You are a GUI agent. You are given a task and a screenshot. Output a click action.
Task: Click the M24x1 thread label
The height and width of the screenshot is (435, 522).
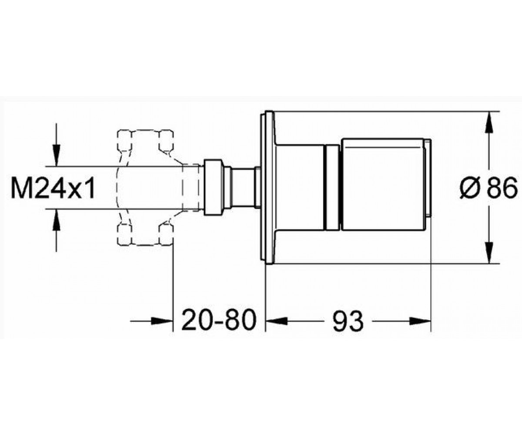pyautogui.click(x=53, y=187)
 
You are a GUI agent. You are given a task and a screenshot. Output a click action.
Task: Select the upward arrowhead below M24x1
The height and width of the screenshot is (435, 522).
pyautogui.click(x=57, y=220)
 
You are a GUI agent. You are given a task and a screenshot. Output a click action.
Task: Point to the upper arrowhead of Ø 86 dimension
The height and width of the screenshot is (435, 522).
pyautogui.click(x=489, y=123)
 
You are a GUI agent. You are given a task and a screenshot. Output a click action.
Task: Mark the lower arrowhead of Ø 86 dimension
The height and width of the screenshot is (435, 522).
pyautogui.click(x=489, y=252)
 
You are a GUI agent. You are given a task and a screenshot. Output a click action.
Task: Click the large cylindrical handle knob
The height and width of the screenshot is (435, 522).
pyautogui.click(x=383, y=184)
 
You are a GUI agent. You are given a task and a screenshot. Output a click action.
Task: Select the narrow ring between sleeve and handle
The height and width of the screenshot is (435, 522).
pyautogui.click(x=332, y=187)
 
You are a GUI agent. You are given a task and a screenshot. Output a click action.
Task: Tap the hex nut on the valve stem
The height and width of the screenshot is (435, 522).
pyautogui.click(x=213, y=187)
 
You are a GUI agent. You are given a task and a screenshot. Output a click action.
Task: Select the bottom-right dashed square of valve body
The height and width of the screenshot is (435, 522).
pyautogui.click(x=166, y=234)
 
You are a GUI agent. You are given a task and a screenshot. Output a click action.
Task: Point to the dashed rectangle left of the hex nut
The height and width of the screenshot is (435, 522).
pyautogui.click(x=191, y=187)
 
